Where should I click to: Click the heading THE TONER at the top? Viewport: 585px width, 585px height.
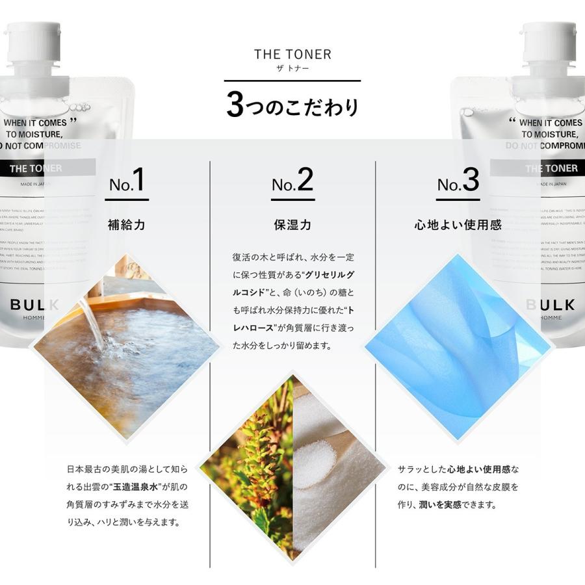click(292, 55)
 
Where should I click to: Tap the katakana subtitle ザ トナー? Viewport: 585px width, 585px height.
click(292, 69)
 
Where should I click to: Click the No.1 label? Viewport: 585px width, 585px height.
click(127, 181)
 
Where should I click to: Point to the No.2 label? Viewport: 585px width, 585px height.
click(292, 181)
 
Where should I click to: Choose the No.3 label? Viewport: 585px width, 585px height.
click(458, 181)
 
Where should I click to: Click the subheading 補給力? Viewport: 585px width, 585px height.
click(127, 226)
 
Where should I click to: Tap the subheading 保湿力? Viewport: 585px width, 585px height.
click(292, 226)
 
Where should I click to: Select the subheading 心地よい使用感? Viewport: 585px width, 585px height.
click(458, 226)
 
